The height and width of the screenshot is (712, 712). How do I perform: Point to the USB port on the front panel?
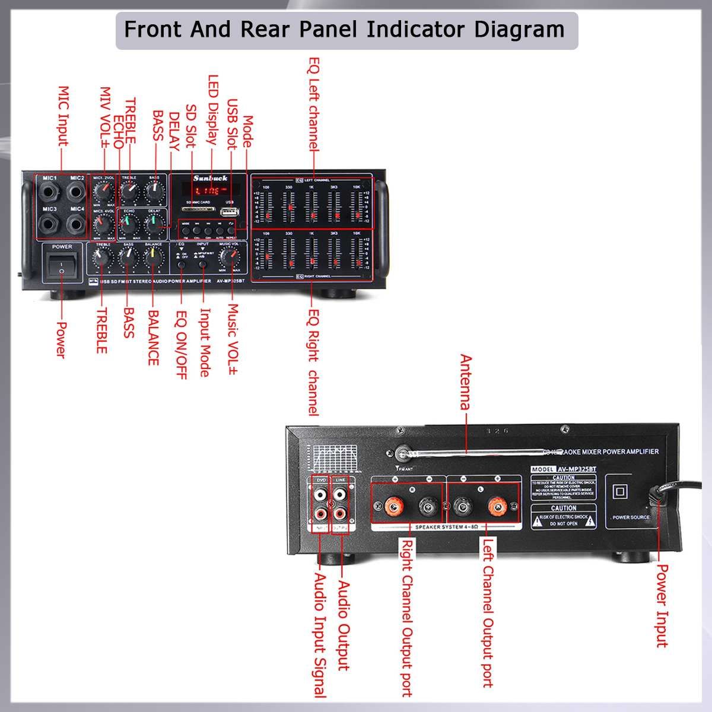pyautogui.click(x=228, y=212)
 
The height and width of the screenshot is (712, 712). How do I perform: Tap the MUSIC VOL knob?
pyautogui.click(x=229, y=256)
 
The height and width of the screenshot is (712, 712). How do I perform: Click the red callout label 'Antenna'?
pyautogui.click(x=466, y=383)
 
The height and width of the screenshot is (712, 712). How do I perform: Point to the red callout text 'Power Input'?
pyautogui.click(x=662, y=605)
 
